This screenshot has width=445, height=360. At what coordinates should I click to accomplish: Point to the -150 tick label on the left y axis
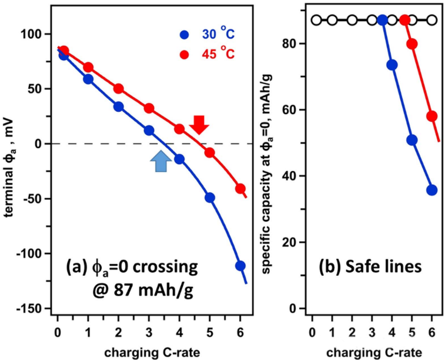pyautogui.click(x=37, y=309)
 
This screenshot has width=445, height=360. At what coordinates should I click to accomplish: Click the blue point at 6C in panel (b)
pyautogui.click(x=432, y=190)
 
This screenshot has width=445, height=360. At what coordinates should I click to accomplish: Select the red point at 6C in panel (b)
pyautogui.click(x=432, y=116)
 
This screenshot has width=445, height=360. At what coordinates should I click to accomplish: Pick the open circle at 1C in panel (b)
pyautogui.click(x=332, y=20)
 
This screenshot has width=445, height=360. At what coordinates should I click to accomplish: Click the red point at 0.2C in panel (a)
pyautogui.click(x=64, y=51)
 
